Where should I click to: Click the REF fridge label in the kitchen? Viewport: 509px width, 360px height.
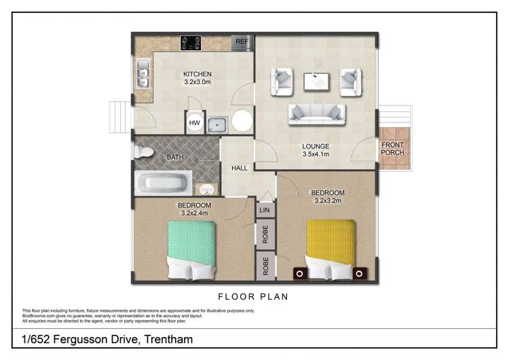[x=242, y=42]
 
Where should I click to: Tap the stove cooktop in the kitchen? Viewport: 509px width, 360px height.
[x=191, y=42]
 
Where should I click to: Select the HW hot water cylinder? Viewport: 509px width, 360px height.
[x=195, y=123]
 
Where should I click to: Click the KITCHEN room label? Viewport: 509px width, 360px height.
[x=197, y=74]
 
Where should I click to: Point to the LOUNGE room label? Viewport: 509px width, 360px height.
[x=316, y=146]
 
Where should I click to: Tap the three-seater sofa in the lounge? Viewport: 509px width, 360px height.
[x=316, y=114]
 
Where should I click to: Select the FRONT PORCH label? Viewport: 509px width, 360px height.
[x=392, y=149]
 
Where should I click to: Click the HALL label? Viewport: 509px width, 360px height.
[x=240, y=168]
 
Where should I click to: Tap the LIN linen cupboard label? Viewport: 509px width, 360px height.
[x=265, y=210]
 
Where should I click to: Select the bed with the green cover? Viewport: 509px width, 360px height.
[x=191, y=249]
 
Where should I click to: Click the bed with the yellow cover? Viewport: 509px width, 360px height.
[x=331, y=247]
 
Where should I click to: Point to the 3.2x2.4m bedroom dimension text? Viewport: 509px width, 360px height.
[x=194, y=213]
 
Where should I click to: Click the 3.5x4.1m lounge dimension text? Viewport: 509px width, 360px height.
[x=316, y=154]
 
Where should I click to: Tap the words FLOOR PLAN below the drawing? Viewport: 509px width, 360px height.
[x=253, y=296]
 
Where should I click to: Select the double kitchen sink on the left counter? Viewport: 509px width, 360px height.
[x=144, y=73]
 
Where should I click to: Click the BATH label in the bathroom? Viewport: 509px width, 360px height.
[x=175, y=158]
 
